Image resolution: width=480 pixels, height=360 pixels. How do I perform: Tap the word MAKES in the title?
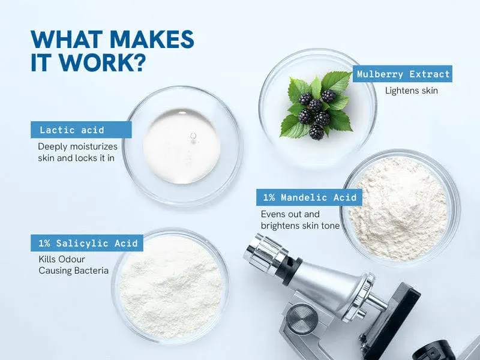pos(152,40)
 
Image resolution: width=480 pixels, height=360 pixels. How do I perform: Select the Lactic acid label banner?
pos(81,130)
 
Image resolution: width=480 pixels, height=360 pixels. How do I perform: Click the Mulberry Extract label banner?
pos(402,74)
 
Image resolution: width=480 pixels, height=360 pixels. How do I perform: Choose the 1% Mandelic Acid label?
pos(309,197)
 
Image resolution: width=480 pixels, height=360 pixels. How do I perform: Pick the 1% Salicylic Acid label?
pos(87,243)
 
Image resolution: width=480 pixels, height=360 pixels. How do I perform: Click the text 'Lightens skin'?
pos(412,91)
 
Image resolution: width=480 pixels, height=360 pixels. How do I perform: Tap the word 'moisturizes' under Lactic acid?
pos(94,146)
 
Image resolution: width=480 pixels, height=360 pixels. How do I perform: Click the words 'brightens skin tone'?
pos(301,226)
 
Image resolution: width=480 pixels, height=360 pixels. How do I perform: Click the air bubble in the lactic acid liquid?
pos(193,136)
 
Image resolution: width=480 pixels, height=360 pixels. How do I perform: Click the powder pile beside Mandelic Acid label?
pos(398,208)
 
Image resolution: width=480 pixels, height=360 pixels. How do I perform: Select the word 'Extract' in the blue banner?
pos(430,74)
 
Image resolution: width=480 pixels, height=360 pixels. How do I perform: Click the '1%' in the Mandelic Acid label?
pos(269,197)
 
